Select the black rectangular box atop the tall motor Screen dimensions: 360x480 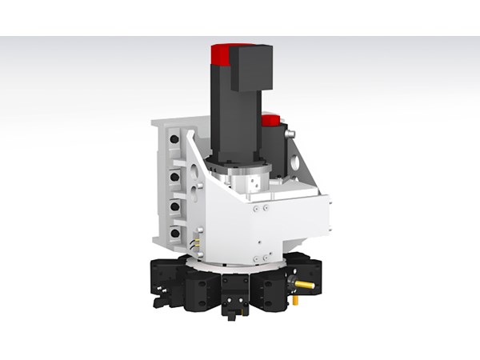[x=251, y=67]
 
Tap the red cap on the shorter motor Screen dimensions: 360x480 [x=270, y=120]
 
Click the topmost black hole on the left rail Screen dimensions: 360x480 [x=174, y=139]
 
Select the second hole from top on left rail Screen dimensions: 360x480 [x=174, y=172]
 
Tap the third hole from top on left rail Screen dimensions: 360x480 [x=174, y=205]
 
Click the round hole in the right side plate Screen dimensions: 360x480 [x=298, y=164]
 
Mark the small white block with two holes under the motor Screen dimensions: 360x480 [x=254, y=182]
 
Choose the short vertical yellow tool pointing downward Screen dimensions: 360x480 [x=294, y=301]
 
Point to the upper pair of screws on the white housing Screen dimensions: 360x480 [x=259, y=208]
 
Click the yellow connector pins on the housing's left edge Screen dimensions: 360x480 [x=193, y=238]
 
